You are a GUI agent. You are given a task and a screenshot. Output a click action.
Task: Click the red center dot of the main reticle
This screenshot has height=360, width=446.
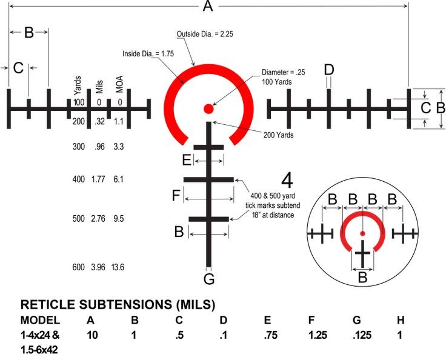coord(208,109)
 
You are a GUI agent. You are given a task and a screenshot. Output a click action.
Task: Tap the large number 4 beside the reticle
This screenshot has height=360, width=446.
coord(287,181)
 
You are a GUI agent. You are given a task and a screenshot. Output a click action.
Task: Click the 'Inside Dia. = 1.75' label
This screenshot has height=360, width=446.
coord(149,53)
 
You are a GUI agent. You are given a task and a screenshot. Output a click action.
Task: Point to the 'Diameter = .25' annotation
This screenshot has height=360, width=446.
coord(283,72)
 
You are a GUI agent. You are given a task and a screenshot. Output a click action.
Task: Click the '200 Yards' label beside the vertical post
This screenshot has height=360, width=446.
coord(278,135)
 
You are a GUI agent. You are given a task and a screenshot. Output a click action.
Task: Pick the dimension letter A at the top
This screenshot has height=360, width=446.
coord(208,7)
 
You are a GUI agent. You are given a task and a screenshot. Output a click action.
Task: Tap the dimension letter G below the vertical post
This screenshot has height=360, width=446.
coord(209,279)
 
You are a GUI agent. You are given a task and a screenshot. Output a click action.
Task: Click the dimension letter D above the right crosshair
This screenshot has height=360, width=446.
coord(328,70)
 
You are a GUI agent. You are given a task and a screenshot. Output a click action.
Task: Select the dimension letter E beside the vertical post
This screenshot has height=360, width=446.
coord(187,160)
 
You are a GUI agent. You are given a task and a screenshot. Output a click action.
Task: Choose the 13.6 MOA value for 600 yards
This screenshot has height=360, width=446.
coord(118,267)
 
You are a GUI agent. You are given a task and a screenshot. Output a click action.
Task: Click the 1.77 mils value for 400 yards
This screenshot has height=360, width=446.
coord(98,179)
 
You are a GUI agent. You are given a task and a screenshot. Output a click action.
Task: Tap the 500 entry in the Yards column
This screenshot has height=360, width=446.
coord(79,219)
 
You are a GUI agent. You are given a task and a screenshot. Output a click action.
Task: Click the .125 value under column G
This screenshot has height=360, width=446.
coord(359,335)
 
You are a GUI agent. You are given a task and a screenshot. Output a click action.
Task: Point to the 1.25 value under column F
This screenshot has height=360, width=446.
coord(315,335)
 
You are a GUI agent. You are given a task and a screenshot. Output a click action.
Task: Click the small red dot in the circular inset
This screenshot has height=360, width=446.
coord(362,233)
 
